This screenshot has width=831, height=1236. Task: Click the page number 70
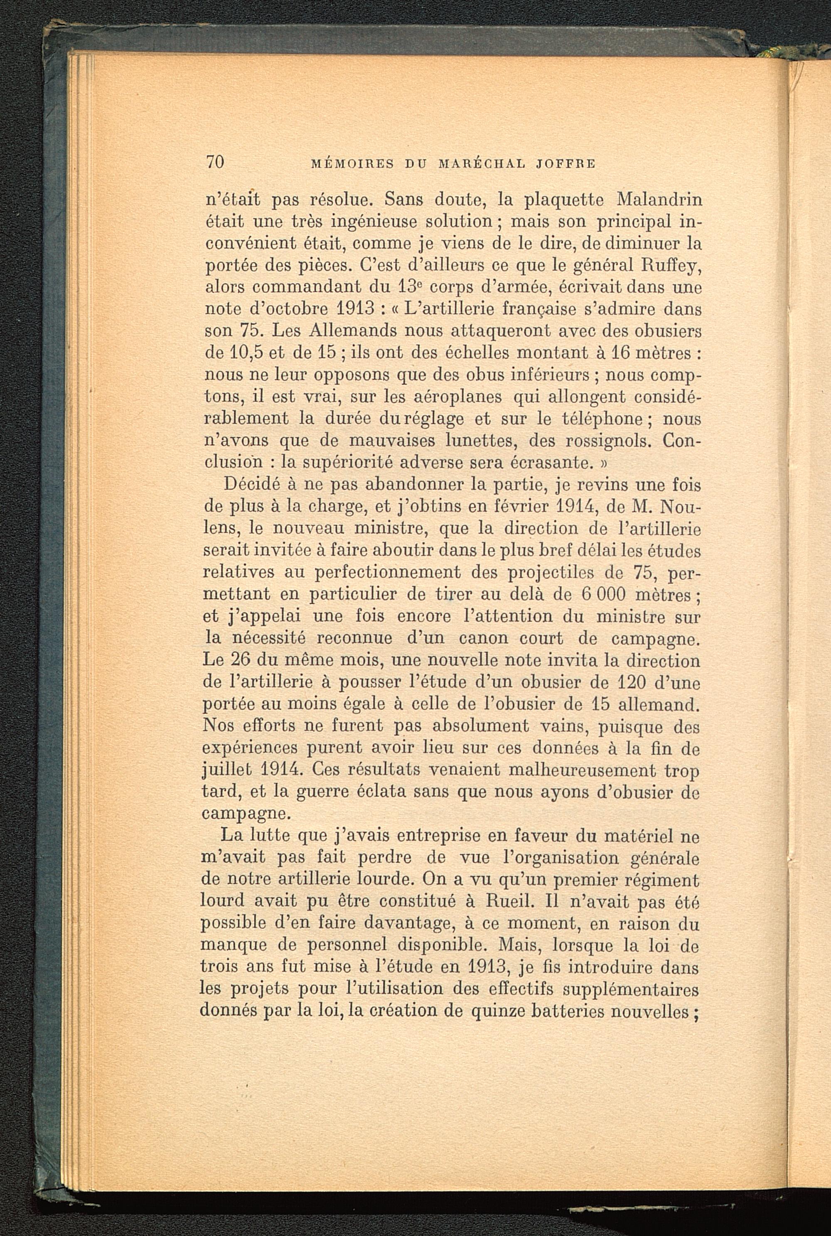pyautogui.click(x=216, y=162)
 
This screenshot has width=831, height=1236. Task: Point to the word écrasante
pyautogui.click(x=550, y=463)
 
